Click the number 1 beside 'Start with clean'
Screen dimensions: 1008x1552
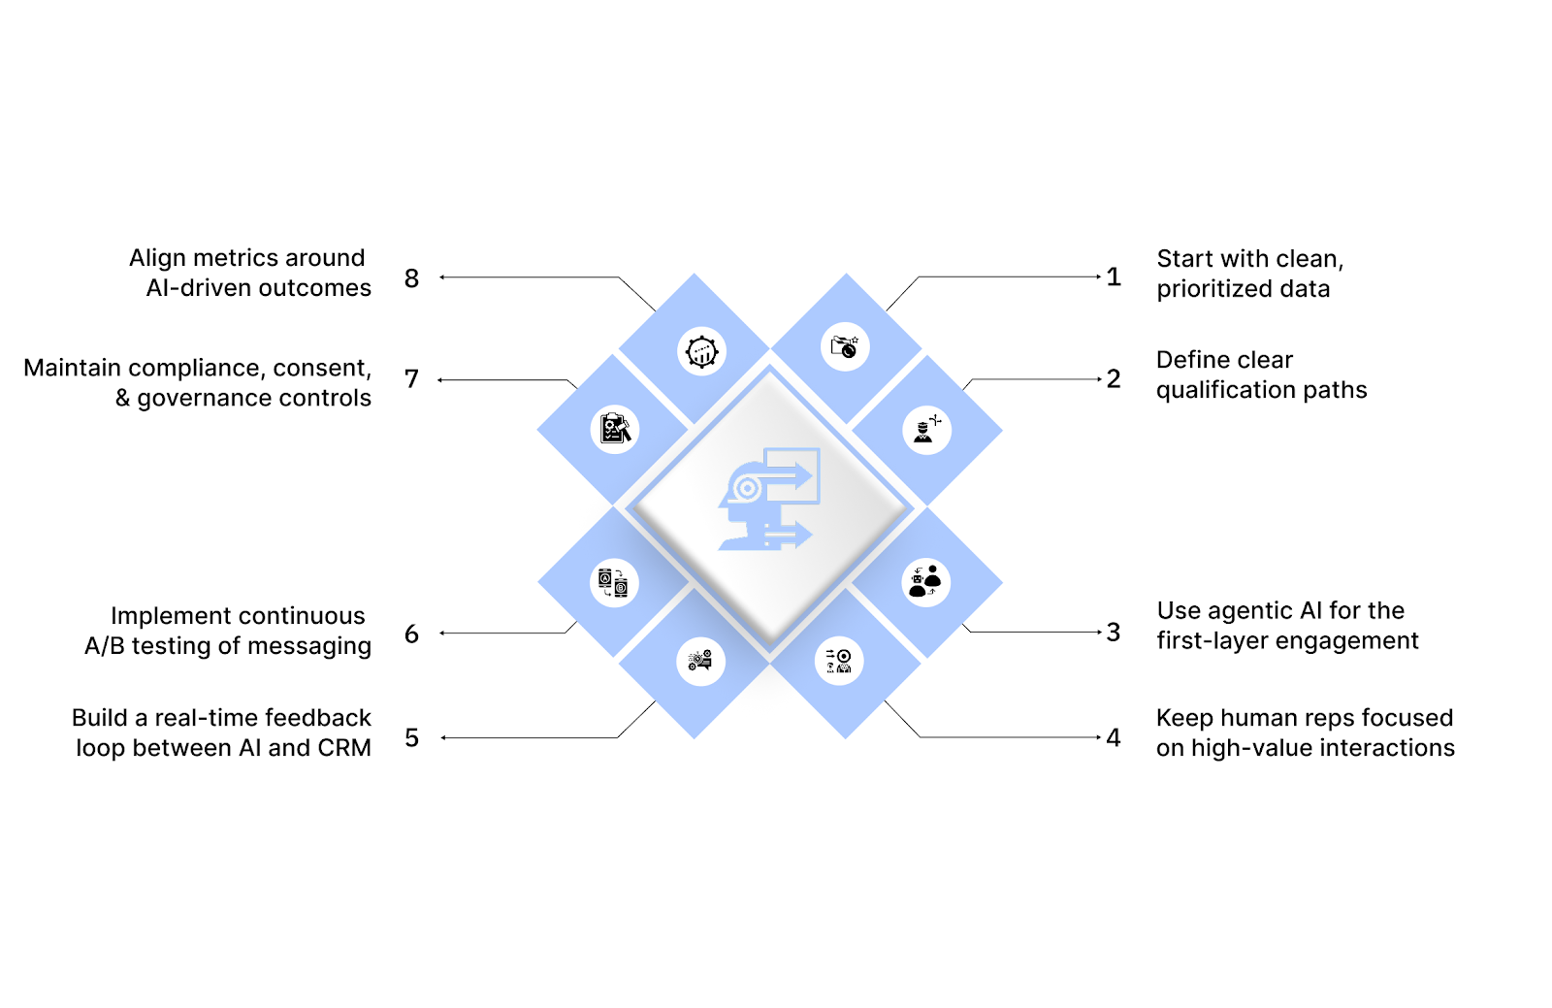1114,277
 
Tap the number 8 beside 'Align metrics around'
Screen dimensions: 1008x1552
411,278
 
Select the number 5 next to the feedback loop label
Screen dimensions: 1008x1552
411,738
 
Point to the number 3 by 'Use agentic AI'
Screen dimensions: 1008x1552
1114,633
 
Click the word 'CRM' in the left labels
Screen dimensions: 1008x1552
344,748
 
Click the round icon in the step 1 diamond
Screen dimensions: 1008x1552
845,346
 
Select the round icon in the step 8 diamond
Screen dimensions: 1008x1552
701,351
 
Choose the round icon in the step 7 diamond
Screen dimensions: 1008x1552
615,429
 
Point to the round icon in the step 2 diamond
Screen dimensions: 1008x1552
926,429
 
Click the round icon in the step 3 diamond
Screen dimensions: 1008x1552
926,582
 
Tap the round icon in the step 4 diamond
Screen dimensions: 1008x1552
839,662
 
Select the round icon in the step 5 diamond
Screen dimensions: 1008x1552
700,662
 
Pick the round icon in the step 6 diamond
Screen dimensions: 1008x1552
614,583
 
